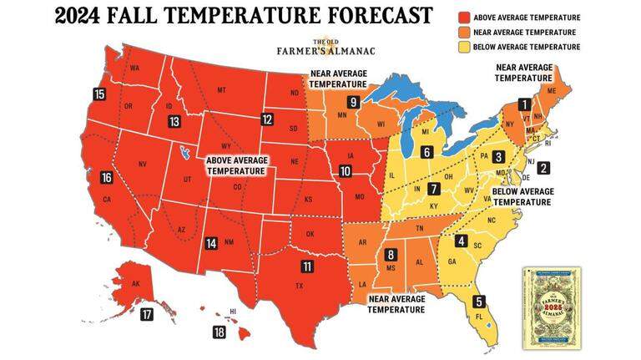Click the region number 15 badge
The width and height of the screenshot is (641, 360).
(99, 94)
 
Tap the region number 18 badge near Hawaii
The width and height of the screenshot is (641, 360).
(220, 332)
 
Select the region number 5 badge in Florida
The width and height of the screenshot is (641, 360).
(479, 302)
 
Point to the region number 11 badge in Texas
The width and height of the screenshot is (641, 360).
(307, 266)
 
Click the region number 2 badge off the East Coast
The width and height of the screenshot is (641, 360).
(543, 168)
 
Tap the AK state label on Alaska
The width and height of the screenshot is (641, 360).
(136, 283)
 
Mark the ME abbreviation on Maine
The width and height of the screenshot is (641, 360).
(548, 89)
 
